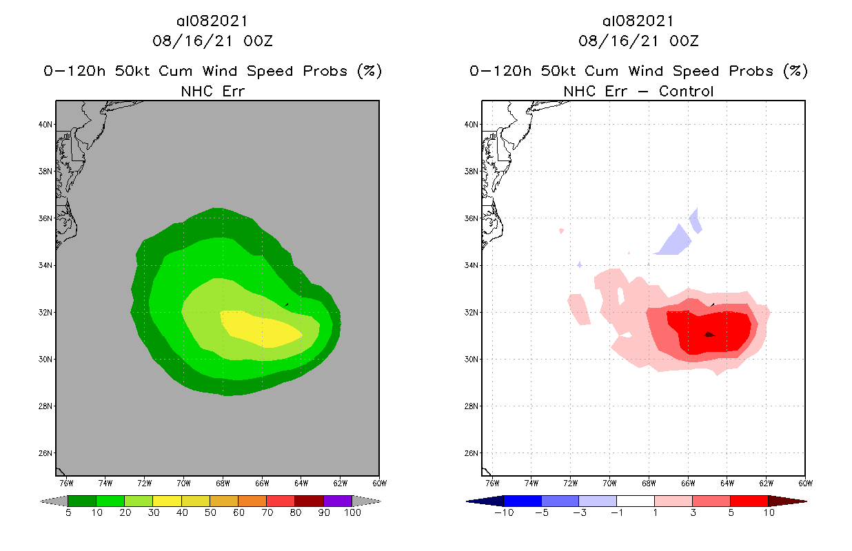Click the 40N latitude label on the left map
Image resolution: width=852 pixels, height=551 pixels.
(45, 125)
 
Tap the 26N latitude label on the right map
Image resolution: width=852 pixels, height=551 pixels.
(471, 453)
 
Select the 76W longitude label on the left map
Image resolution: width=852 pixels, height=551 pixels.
(67, 482)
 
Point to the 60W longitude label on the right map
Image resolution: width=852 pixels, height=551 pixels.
(805, 482)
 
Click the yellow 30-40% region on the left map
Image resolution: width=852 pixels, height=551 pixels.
(265, 330)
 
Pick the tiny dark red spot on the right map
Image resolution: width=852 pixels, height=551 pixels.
(709, 334)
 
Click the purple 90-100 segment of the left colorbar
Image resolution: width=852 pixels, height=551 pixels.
(338, 501)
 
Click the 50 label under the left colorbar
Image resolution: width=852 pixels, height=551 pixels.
(210, 513)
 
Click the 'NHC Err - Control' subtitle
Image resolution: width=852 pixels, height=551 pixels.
(638, 91)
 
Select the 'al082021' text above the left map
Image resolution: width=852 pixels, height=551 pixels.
(212, 21)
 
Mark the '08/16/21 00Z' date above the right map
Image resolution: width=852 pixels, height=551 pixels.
(638, 41)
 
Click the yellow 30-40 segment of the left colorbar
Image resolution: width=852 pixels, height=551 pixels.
(167, 501)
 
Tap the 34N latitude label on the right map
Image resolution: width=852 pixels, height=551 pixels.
(471, 266)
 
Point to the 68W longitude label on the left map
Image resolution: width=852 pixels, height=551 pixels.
(223, 482)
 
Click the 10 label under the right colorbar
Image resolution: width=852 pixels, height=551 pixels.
(768, 513)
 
